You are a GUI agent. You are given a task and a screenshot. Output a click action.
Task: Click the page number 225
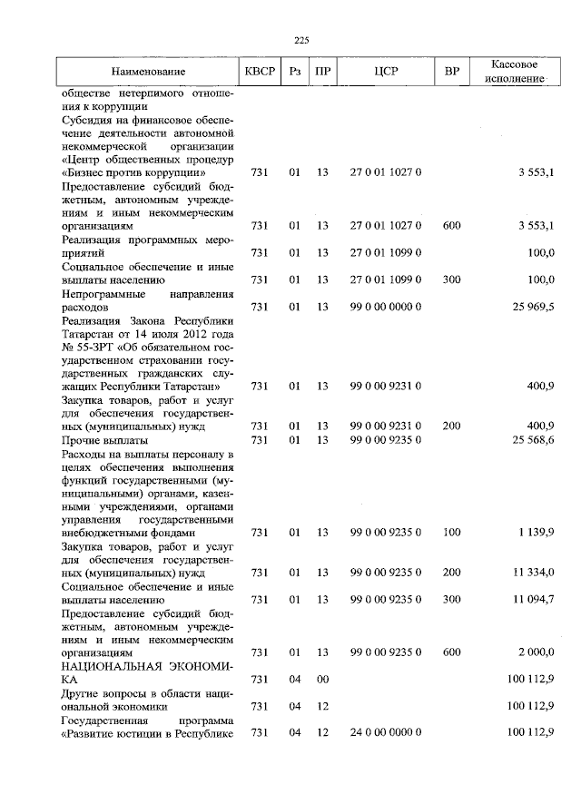click(x=302, y=38)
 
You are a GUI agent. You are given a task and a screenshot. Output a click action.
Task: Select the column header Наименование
click(x=149, y=72)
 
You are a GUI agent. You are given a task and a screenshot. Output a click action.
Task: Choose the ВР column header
click(x=451, y=72)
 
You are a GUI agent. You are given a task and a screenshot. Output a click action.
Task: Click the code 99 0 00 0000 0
click(x=386, y=308)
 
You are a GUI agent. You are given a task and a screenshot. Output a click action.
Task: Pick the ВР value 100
click(x=451, y=533)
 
